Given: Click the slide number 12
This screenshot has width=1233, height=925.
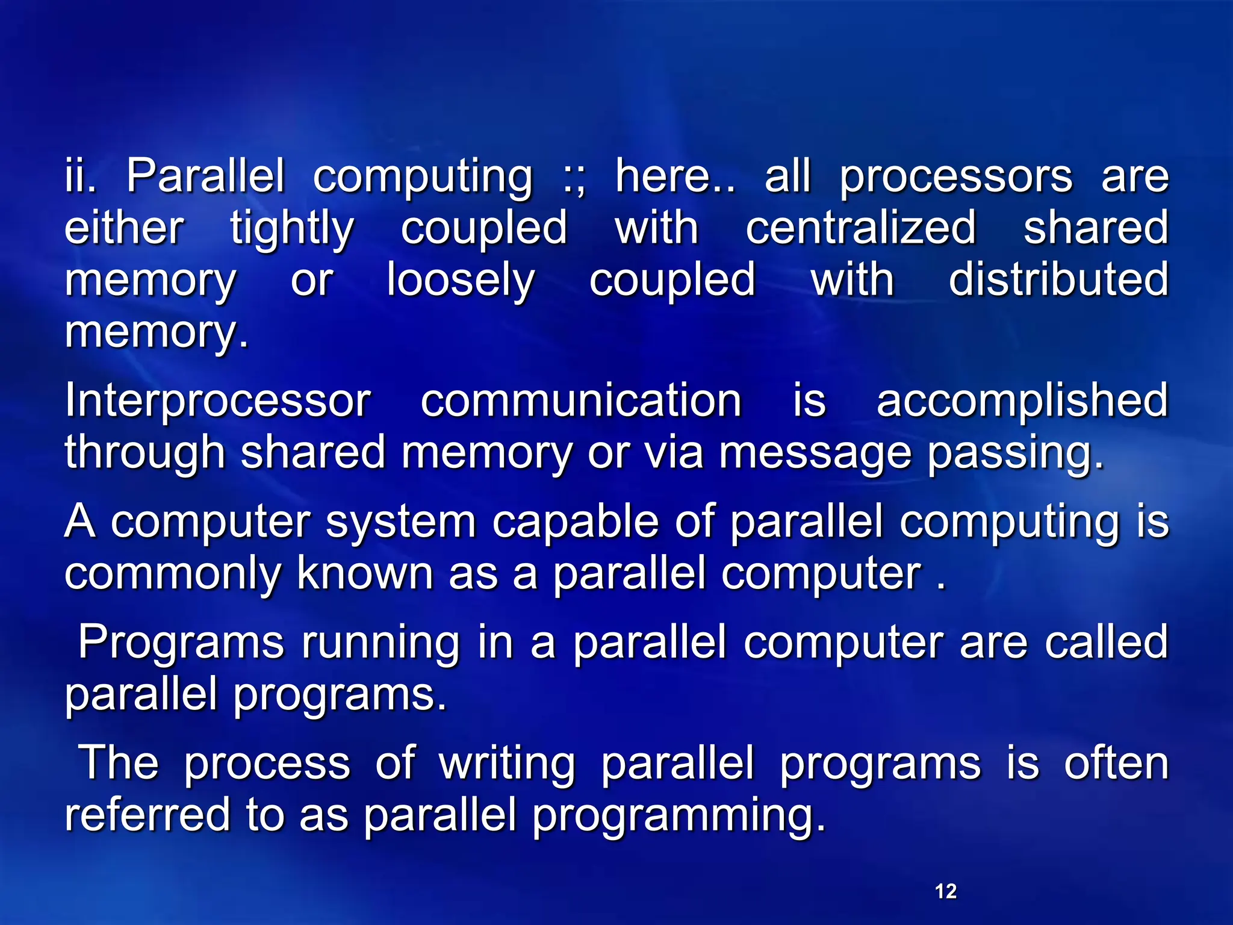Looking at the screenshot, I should [x=946, y=891].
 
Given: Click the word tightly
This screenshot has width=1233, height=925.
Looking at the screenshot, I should [x=292, y=229].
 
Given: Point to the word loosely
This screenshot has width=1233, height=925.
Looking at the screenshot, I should [x=461, y=281].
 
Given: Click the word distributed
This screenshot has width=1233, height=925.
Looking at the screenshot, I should [x=1058, y=279].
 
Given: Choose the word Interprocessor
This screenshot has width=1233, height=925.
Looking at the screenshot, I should [x=217, y=401].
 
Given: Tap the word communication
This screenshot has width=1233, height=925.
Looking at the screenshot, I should [x=580, y=400].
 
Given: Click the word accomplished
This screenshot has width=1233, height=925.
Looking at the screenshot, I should [x=1022, y=401].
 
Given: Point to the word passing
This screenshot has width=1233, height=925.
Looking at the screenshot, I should [x=1015, y=453].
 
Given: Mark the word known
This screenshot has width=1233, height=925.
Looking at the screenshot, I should [x=365, y=573].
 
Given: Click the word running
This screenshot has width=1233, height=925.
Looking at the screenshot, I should [x=380, y=643].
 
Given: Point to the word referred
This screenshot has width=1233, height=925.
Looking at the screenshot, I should [x=148, y=814].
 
